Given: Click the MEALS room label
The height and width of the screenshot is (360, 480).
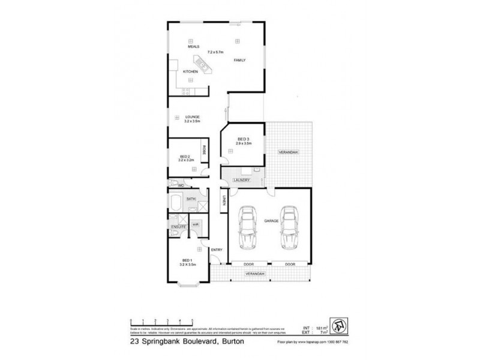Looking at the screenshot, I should click(193, 46).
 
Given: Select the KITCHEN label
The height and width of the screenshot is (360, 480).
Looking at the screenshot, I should click(190, 71).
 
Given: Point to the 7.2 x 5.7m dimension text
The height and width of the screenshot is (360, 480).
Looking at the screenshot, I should click(215, 52).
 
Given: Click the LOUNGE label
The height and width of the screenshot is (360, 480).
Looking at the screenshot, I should click(193, 117).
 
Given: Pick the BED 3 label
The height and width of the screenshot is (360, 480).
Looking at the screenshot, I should click(243, 139).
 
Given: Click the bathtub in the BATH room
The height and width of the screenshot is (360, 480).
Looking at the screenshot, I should click(177, 202).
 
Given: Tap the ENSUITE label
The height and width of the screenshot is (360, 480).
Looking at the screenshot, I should click(178, 227).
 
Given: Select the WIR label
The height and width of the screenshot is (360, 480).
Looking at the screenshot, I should click(196, 223).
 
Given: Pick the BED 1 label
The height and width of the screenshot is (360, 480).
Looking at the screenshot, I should click(188, 260).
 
